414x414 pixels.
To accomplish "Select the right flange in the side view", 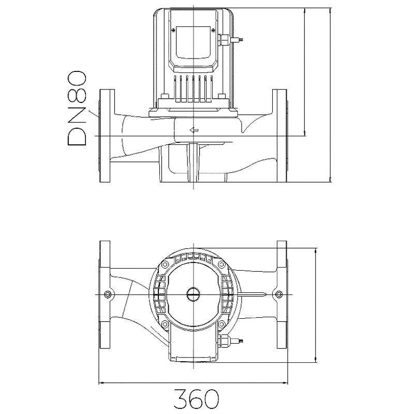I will (x=279, y=136).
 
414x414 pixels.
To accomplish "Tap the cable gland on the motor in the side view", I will (x=225, y=39).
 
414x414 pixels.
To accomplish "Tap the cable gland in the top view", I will (x=225, y=341).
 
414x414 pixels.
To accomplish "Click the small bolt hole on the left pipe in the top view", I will (x=107, y=294).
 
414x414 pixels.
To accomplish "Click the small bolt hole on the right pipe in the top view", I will (x=279, y=295).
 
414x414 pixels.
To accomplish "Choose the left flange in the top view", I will (x=105, y=294).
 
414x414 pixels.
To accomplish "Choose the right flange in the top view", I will (x=282, y=294).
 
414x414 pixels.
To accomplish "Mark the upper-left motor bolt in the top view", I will (x=165, y=263).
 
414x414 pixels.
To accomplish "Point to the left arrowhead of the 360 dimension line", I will (x=101, y=383).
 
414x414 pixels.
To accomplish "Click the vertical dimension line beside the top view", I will (x=316, y=305).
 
